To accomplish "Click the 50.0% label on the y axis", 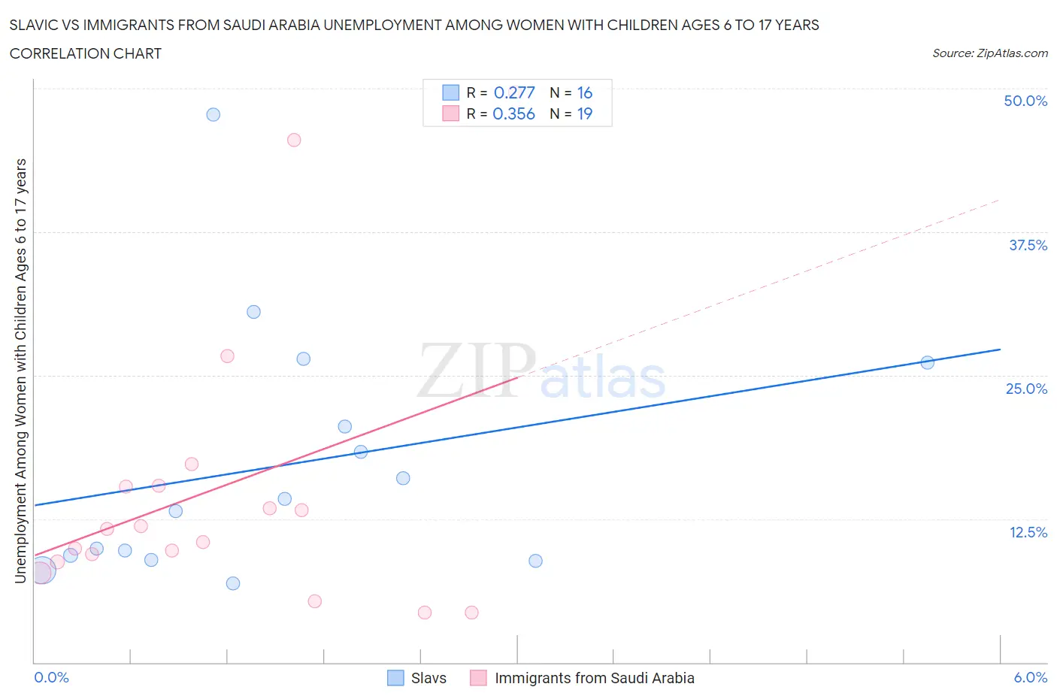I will [1025, 101].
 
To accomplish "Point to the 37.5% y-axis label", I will [1028, 245].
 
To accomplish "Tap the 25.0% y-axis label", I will [1026, 389].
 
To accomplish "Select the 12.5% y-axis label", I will [1028, 532].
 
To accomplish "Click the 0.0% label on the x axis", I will [51, 677].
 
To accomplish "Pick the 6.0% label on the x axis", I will [1030, 677].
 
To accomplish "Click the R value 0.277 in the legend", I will [514, 92].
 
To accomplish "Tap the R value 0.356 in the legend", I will [513, 113].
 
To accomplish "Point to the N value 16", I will [584, 92].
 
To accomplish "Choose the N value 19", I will [584, 113].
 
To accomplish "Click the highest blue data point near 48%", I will [214, 114].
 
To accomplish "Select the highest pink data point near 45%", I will [294, 140].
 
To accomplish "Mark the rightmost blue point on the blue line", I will [927, 362].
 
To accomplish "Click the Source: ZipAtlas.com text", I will [989, 53].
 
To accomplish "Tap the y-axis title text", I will [20, 371].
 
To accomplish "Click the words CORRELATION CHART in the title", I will [86, 53].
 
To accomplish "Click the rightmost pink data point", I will [471, 613].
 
